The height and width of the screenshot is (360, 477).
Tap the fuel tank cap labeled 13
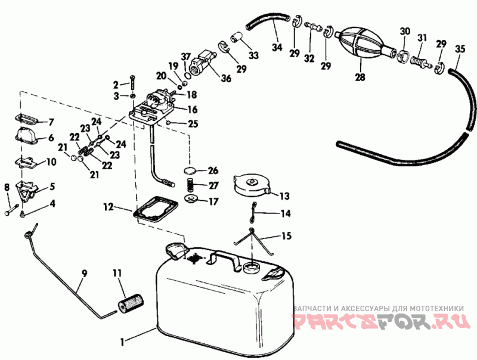coord(252,185)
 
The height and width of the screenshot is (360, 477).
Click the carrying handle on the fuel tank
coord(225,260)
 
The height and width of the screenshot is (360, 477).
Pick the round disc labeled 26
coord(190,170)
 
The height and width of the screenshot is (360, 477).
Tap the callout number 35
coord(460,49)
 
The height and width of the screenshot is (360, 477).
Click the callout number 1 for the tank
coord(122,342)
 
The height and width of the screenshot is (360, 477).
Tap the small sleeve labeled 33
coord(236,37)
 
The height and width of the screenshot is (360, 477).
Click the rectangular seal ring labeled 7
coord(26,118)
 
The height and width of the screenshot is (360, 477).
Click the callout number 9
coord(84,274)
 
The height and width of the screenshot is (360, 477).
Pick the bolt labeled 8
coord(12,209)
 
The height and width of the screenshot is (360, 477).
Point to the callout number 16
coord(192,109)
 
